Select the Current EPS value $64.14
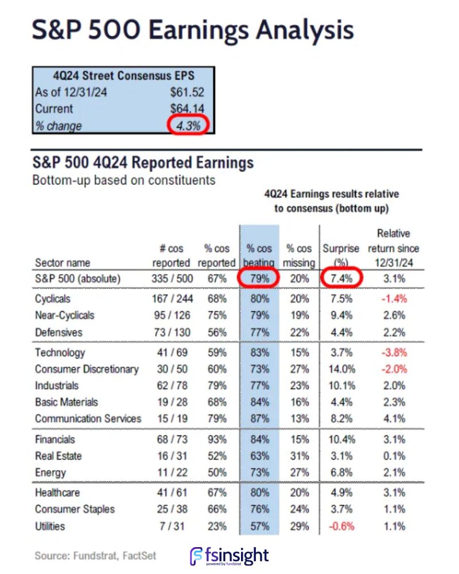tap(187, 108)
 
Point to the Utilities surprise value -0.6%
tap(340, 526)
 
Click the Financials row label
tap(55, 440)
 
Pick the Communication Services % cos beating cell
tap(260, 418)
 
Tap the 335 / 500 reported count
tap(171, 280)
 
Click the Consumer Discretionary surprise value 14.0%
tap(340, 369)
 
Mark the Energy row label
tap(50, 472)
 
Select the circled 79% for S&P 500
tap(259, 280)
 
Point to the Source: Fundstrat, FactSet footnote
tap(95, 556)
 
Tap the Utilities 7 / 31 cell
tap(171, 526)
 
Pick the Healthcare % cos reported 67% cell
tap(217, 493)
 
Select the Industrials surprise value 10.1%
tap(340, 386)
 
